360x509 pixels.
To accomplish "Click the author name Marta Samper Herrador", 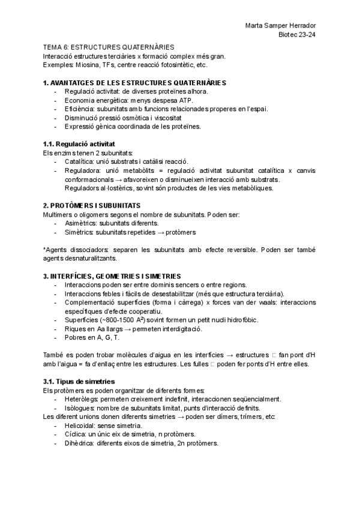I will coord(281,26).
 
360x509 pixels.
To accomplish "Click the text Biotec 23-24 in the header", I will coord(298,35).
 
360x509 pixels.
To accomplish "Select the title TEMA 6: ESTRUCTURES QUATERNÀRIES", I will coord(109,46).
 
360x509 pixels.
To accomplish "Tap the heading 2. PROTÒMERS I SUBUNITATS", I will coord(92,205).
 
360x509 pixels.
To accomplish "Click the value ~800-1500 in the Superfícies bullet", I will coord(115,320).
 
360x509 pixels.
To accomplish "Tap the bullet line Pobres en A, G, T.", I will coord(83,338).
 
